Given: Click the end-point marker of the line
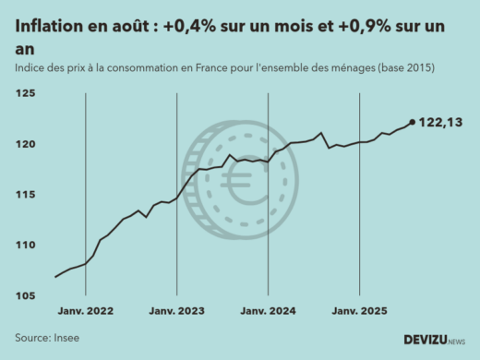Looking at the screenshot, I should pos(412,121).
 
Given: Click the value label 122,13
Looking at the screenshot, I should pos(440,122).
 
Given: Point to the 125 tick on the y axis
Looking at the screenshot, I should pos(25,94).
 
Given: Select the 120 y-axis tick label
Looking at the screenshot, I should pos(25,145).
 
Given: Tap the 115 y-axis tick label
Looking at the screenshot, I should pos(25,195).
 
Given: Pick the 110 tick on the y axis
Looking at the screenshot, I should pos(25,246).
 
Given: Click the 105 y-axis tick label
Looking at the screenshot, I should pos(25,295).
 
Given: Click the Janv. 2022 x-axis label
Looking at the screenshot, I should pos(85,311).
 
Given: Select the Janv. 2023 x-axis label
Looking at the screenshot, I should pos(176,311).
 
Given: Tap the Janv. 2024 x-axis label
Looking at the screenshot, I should pos(268,311).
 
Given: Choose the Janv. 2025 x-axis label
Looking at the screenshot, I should pos(358,311).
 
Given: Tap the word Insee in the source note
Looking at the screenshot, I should pos(66,338).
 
